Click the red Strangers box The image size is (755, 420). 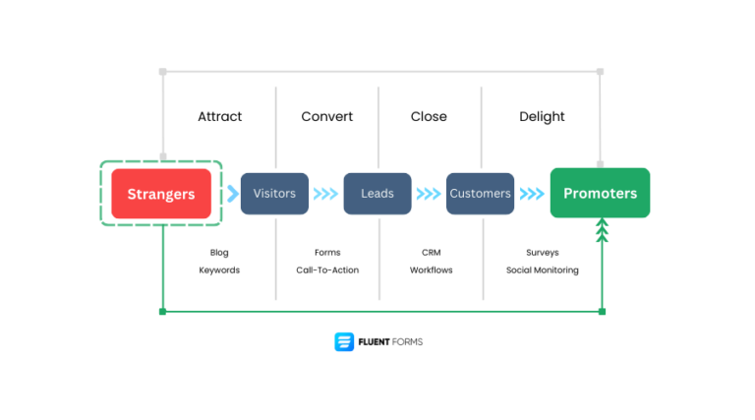point(161,194)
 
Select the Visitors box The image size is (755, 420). point(274,193)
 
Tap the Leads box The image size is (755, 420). point(377,193)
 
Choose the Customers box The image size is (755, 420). point(481,193)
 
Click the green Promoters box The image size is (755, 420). point(600,193)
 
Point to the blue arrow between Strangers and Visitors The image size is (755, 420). point(233,193)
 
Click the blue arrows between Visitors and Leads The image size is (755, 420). point(325,194)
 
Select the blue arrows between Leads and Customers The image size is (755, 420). point(429,194)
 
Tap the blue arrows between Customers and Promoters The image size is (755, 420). point(532,194)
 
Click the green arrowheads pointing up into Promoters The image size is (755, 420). point(602,230)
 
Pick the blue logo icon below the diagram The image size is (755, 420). point(344,341)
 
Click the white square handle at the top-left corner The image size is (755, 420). point(163,72)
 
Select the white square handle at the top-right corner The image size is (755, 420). point(600,72)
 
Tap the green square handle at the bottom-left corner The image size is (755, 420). point(163,312)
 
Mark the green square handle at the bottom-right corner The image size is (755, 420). point(602,312)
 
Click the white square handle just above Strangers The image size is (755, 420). point(163,155)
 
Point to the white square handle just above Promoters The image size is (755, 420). point(600,163)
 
